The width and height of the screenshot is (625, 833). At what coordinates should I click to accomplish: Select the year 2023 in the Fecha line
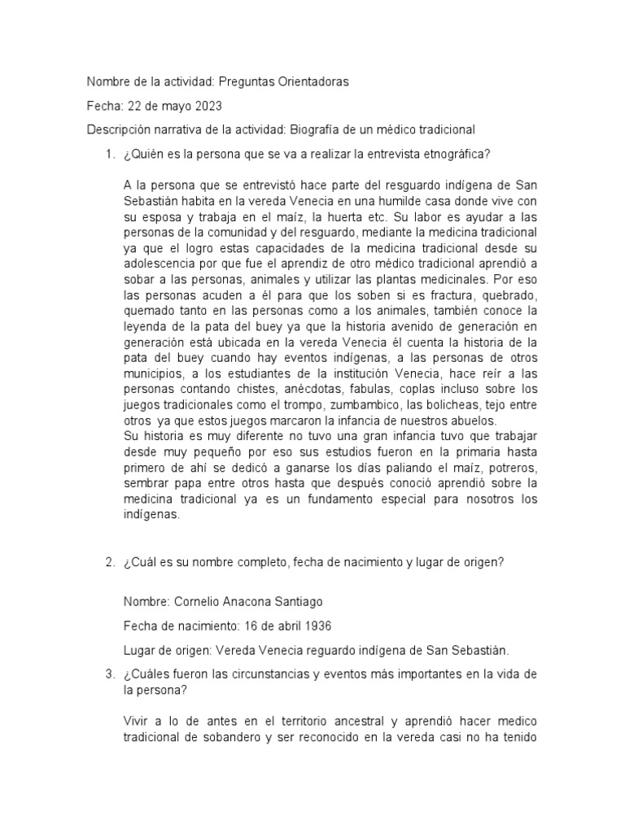[x=205, y=106]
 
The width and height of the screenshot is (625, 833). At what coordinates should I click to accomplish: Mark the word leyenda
[x=147, y=326]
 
